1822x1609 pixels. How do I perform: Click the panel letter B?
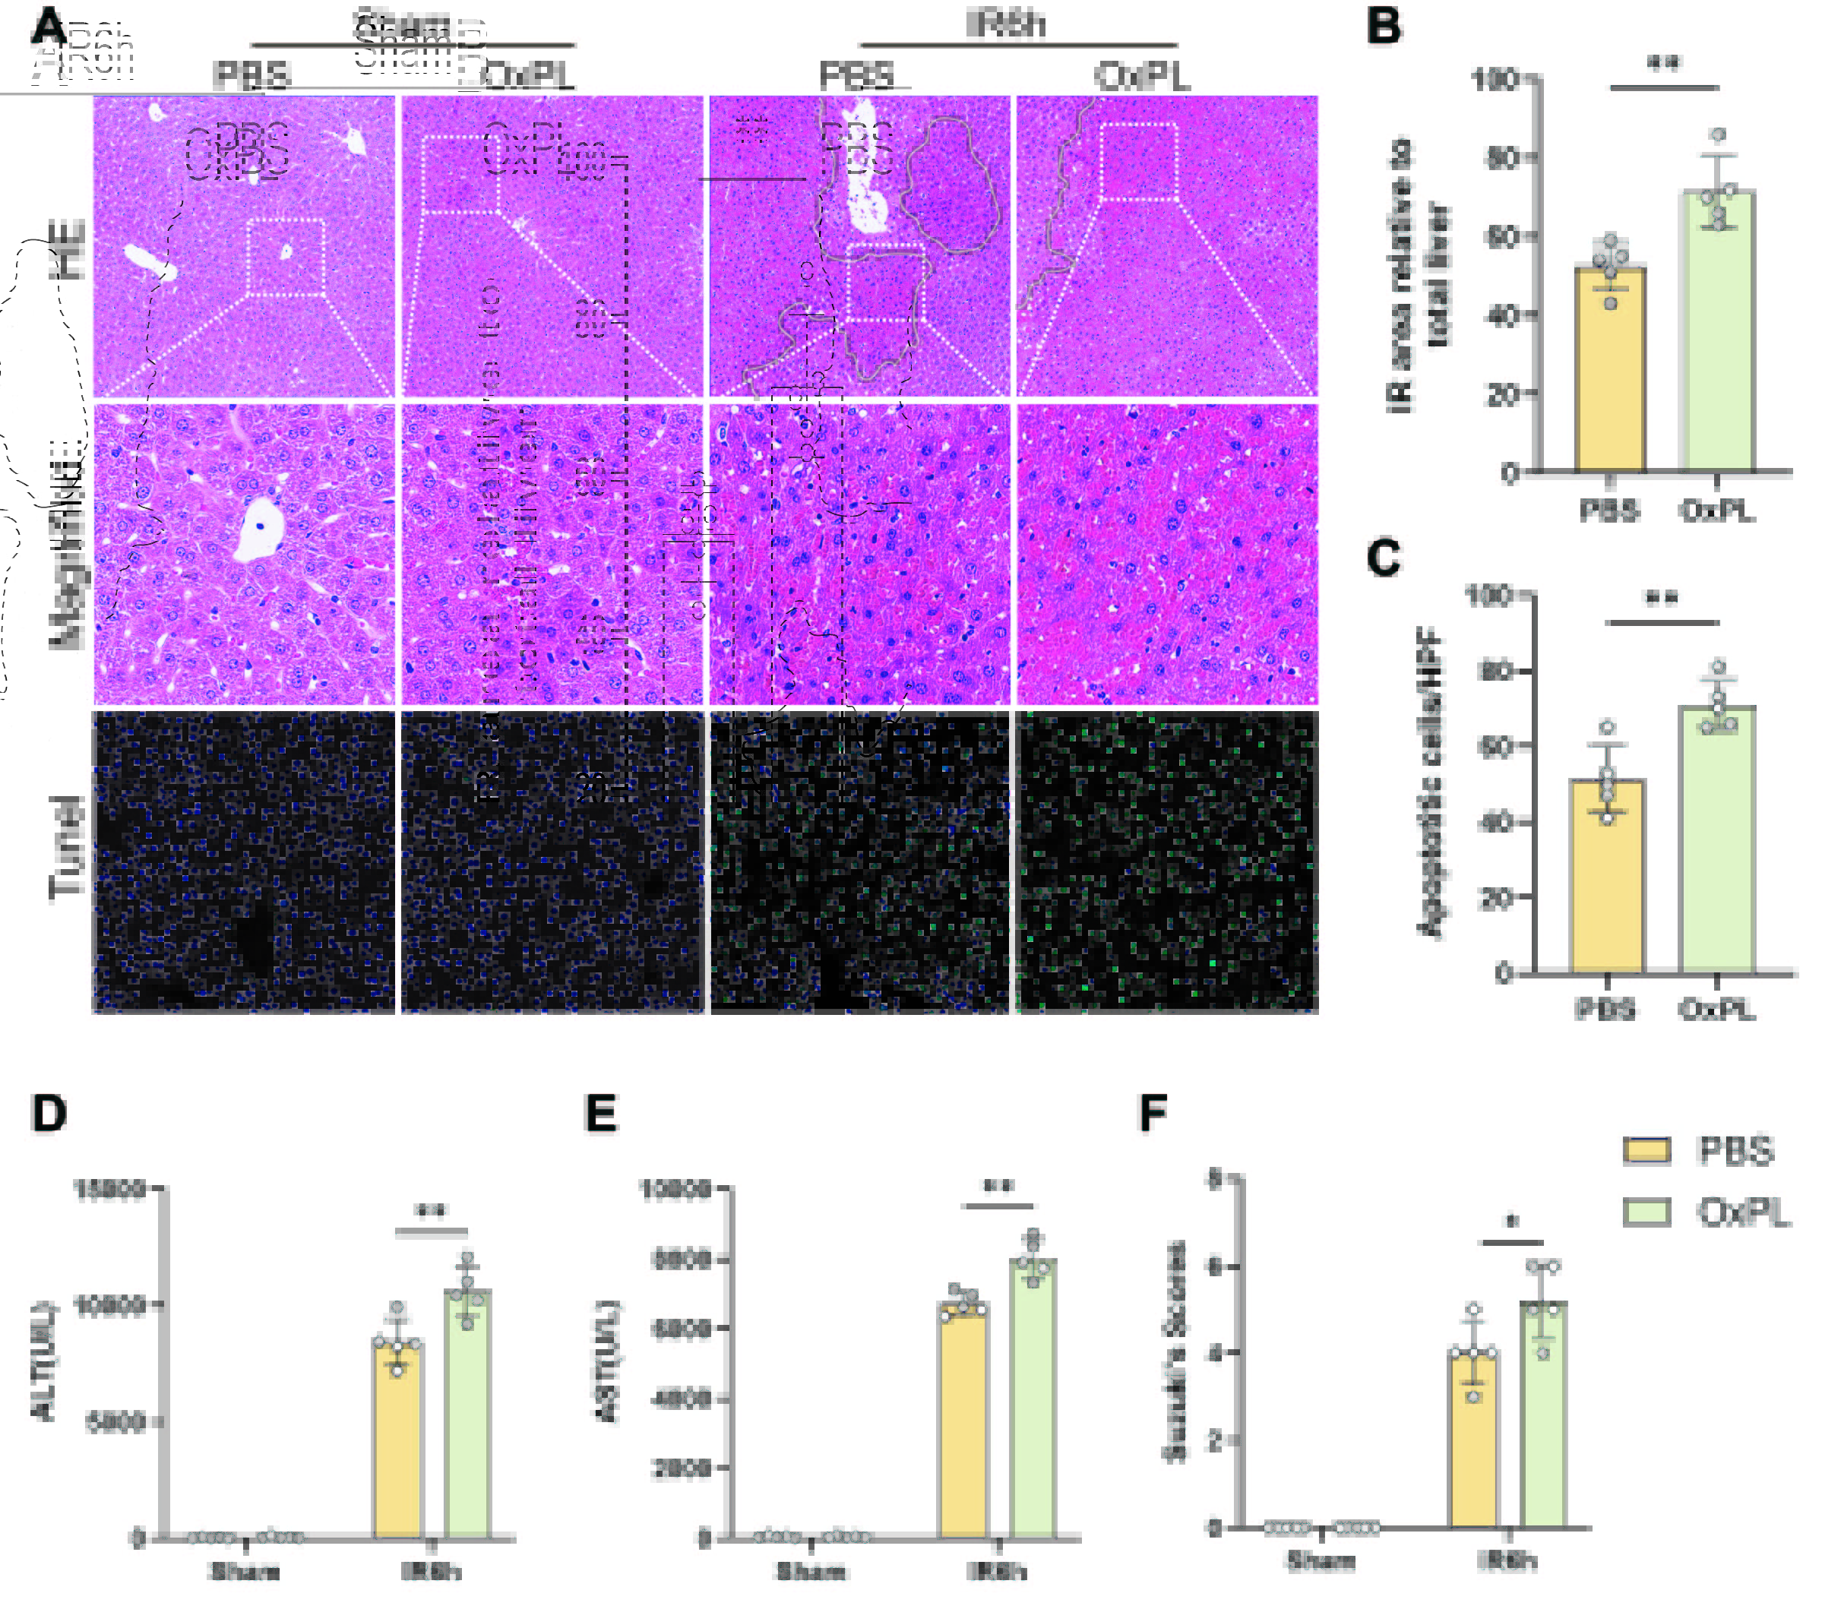pyautogui.click(x=1384, y=26)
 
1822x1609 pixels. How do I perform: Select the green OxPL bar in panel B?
pyautogui.click(x=1717, y=330)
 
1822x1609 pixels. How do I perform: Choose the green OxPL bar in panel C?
pyautogui.click(x=1717, y=838)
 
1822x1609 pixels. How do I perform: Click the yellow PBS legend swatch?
pyautogui.click(x=1646, y=1150)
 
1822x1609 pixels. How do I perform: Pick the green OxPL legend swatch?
pyautogui.click(x=1646, y=1212)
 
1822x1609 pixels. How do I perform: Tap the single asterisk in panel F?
pyautogui.click(x=1511, y=1222)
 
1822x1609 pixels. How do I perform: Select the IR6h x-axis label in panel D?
pyautogui.click(x=432, y=1571)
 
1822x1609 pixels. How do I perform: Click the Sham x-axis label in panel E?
pyautogui.click(x=811, y=1571)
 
